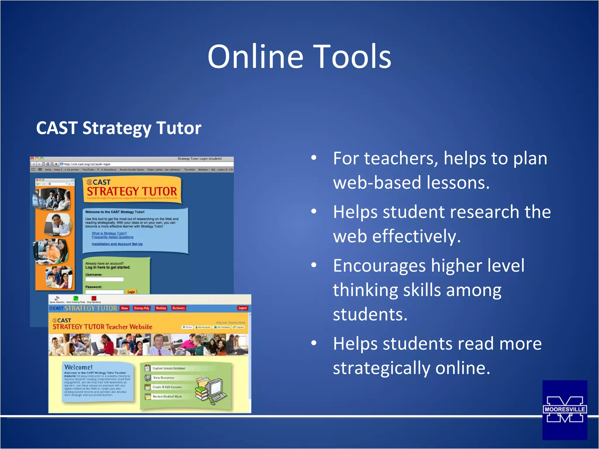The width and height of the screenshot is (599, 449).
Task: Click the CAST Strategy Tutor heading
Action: (118, 128)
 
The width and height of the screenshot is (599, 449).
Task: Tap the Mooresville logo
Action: (564, 410)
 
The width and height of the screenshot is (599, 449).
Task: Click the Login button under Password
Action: (131, 292)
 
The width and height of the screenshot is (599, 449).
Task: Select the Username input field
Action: (104, 279)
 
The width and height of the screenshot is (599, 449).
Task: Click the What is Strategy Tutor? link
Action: (109, 233)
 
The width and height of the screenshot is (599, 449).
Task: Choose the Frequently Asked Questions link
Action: (113, 237)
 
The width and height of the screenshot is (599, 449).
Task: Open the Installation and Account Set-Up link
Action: (117, 244)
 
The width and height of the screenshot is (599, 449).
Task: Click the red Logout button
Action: (242, 308)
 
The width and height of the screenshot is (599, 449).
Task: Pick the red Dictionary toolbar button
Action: (178, 308)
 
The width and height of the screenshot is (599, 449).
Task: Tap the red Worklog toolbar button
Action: (161, 308)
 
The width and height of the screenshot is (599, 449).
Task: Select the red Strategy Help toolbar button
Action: (142, 308)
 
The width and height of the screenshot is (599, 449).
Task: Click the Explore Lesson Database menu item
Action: (169, 368)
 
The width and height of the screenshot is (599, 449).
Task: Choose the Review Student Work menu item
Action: (167, 396)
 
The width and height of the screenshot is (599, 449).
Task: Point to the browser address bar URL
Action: (87, 164)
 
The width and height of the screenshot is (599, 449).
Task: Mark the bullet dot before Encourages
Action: (314, 265)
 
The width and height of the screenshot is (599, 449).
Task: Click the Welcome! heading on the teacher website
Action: (78, 367)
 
